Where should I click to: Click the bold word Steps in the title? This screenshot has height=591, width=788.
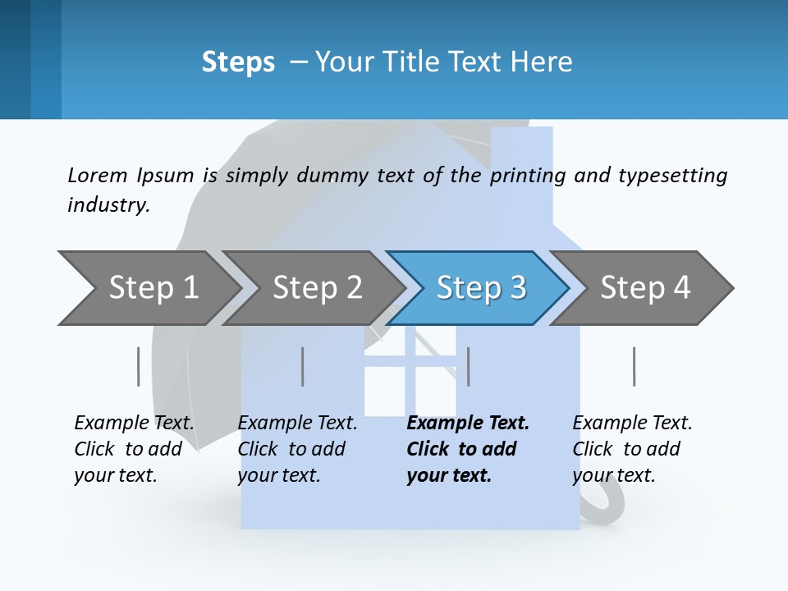tap(238, 62)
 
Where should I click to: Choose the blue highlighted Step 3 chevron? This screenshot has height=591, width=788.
tap(481, 288)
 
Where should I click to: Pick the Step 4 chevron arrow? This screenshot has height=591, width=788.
tap(645, 288)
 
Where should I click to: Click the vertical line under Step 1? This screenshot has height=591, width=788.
tap(139, 366)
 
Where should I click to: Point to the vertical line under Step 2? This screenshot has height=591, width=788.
tap(303, 366)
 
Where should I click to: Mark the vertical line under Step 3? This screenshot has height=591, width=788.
tap(468, 366)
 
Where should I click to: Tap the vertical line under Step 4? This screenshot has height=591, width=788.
tap(634, 366)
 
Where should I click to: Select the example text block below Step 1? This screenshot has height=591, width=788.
tap(134, 449)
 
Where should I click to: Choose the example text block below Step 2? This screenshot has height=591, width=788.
tap(297, 449)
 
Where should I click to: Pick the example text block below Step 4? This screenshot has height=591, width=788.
tap(632, 449)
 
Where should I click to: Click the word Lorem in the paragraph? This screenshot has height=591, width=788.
tap(97, 175)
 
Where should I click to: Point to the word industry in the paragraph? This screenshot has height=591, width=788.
tap(108, 205)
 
